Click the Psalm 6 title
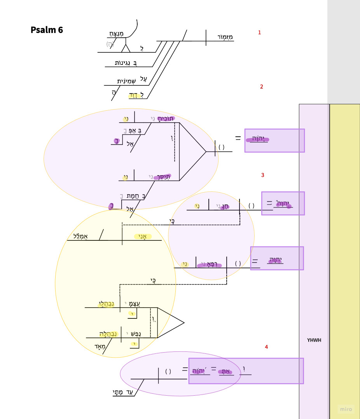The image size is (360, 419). [x=47, y=30]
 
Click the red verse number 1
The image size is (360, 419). [x=259, y=33]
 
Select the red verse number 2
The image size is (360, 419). [x=261, y=87]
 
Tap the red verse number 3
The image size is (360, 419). [x=262, y=175]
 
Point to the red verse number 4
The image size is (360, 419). [x=266, y=347]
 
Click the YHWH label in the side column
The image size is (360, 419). [x=314, y=340]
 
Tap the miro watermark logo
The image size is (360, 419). [x=346, y=409]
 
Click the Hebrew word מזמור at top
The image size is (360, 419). [x=225, y=37]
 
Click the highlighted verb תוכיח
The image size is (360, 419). [x=166, y=118]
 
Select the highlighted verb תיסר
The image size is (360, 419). [x=162, y=177]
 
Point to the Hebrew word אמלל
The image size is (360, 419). [x=80, y=236]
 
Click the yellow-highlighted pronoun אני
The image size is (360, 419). [x=142, y=236]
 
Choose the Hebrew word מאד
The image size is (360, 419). [x=100, y=346]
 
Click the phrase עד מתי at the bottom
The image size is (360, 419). [x=123, y=392]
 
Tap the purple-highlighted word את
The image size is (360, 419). [x=225, y=372]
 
